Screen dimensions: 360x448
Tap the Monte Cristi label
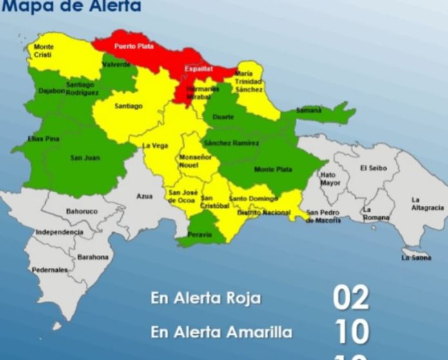(x=43, y=51)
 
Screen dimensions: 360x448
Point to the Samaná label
(x=308, y=110)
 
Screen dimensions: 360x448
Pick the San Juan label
(x=85, y=157)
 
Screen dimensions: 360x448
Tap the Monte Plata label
(x=273, y=170)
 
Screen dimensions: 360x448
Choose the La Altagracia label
(x=427, y=204)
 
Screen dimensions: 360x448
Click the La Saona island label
(x=416, y=257)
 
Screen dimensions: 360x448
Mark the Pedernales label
(x=50, y=270)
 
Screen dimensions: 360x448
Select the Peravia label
(x=200, y=235)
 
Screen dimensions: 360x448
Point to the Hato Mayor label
(x=329, y=179)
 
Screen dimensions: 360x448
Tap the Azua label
(x=144, y=196)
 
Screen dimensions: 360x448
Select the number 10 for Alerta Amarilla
(x=352, y=332)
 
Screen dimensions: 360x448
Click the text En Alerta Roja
(x=206, y=299)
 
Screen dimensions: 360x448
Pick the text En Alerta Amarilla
(x=221, y=332)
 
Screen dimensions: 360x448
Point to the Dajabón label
(x=52, y=91)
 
